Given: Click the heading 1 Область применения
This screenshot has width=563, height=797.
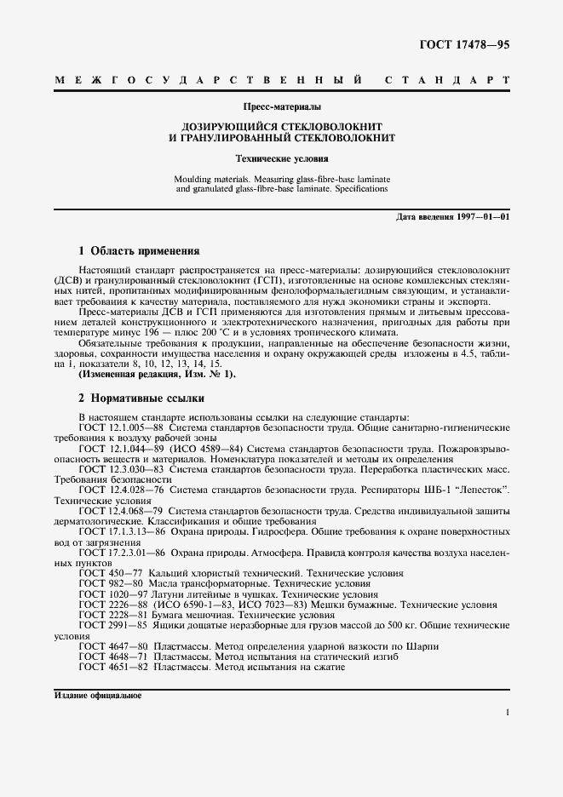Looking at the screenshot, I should pyautogui.click(x=138, y=251).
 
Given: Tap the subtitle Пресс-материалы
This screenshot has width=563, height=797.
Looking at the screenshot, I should pyautogui.click(x=281, y=107).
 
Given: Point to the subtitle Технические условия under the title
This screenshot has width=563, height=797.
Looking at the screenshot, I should pyautogui.click(x=281, y=158).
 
